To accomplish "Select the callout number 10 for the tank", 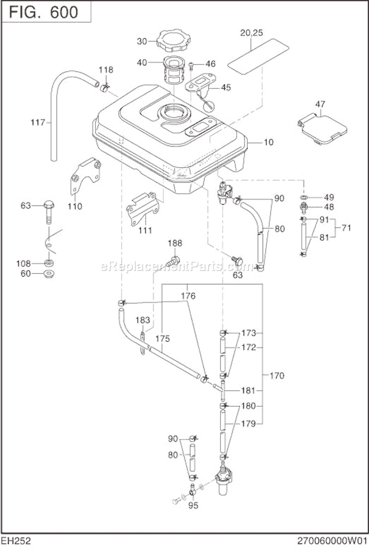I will (269, 143).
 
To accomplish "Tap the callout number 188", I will (175, 243).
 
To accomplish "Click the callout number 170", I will (277, 376).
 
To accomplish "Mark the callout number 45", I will (226, 88).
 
